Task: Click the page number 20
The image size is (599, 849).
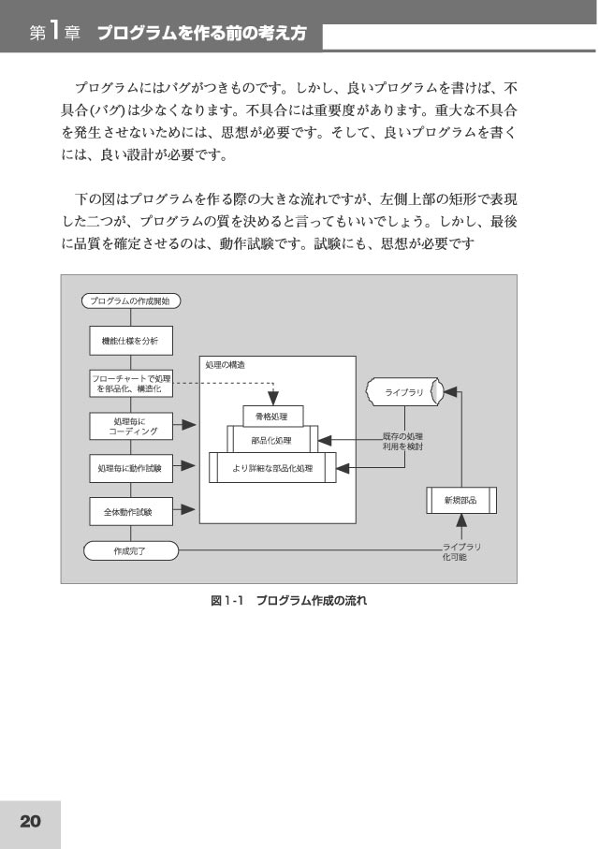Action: point(30,821)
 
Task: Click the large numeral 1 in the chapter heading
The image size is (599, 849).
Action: point(54,32)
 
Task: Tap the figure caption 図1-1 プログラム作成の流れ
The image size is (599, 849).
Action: point(288,600)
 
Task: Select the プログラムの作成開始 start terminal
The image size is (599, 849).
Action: point(130,301)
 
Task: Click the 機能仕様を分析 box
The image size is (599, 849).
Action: point(131,341)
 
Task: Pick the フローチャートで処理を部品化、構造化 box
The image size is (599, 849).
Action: point(131,384)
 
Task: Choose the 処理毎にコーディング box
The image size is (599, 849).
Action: point(131,426)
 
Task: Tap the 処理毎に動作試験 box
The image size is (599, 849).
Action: point(131,468)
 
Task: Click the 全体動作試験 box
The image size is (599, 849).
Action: point(131,512)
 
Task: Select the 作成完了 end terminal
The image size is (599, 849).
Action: point(130,550)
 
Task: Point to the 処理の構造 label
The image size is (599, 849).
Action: point(225,365)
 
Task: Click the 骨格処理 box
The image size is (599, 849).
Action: point(273,417)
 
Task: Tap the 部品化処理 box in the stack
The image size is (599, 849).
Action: point(272,440)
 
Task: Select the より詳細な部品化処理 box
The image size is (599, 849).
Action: point(272,468)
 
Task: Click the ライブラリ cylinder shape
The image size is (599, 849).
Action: point(404,392)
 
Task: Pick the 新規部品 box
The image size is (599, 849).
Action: point(461,500)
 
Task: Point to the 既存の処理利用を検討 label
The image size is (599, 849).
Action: point(402,441)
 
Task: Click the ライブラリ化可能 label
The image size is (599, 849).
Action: point(461,551)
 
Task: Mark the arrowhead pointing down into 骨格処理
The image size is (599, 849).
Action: point(273,398)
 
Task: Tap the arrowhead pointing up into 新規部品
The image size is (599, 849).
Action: point(461,520)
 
